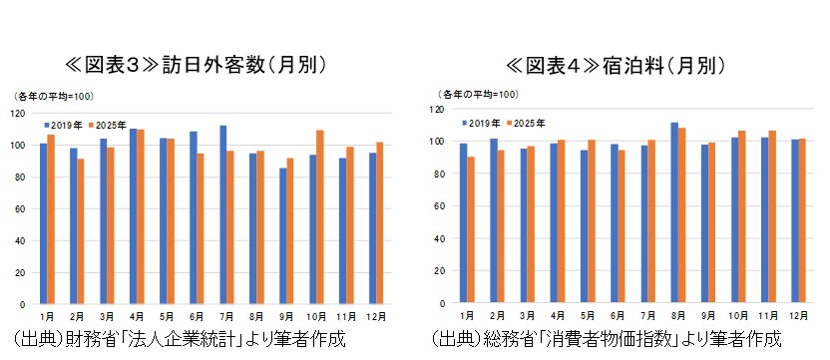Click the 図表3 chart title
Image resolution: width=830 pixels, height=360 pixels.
pyautogui.click(x=196, y=65)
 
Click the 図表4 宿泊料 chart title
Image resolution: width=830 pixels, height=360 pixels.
pyautogui.click(x=616, y=65)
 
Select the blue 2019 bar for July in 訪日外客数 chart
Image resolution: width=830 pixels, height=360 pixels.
pyautogui.click(x=223, y=215)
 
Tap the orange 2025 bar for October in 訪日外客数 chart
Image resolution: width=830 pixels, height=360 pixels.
pyautogui.click(x=320, y=217)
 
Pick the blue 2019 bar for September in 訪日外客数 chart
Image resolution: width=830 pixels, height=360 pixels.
pyautogui.click(x=283, y=236)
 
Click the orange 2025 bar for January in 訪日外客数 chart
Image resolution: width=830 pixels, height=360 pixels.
pyautogui.click(x=51, y=219)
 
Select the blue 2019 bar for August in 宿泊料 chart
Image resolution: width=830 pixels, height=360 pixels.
pyautogui.click(x=674, y=212)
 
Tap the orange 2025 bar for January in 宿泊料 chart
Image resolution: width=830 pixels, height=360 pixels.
pyautogui.click(x=471, y=229)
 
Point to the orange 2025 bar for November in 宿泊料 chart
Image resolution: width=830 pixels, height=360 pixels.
pyautogui.click(x=772, y=217)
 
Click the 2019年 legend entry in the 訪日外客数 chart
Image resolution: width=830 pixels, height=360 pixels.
pyautogui.click(x=63, y=126)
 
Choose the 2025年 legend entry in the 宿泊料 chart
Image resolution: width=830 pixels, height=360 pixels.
pyautogui.click(x=526, y=123)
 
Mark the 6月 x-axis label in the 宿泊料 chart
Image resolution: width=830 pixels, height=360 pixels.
pyautogui.click(x=618, y=315)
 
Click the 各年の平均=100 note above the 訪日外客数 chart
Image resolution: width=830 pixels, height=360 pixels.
pyautogui.click(x=53, y=97)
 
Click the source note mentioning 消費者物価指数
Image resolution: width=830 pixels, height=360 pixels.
pyautogui.click(x=607, y=339)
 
